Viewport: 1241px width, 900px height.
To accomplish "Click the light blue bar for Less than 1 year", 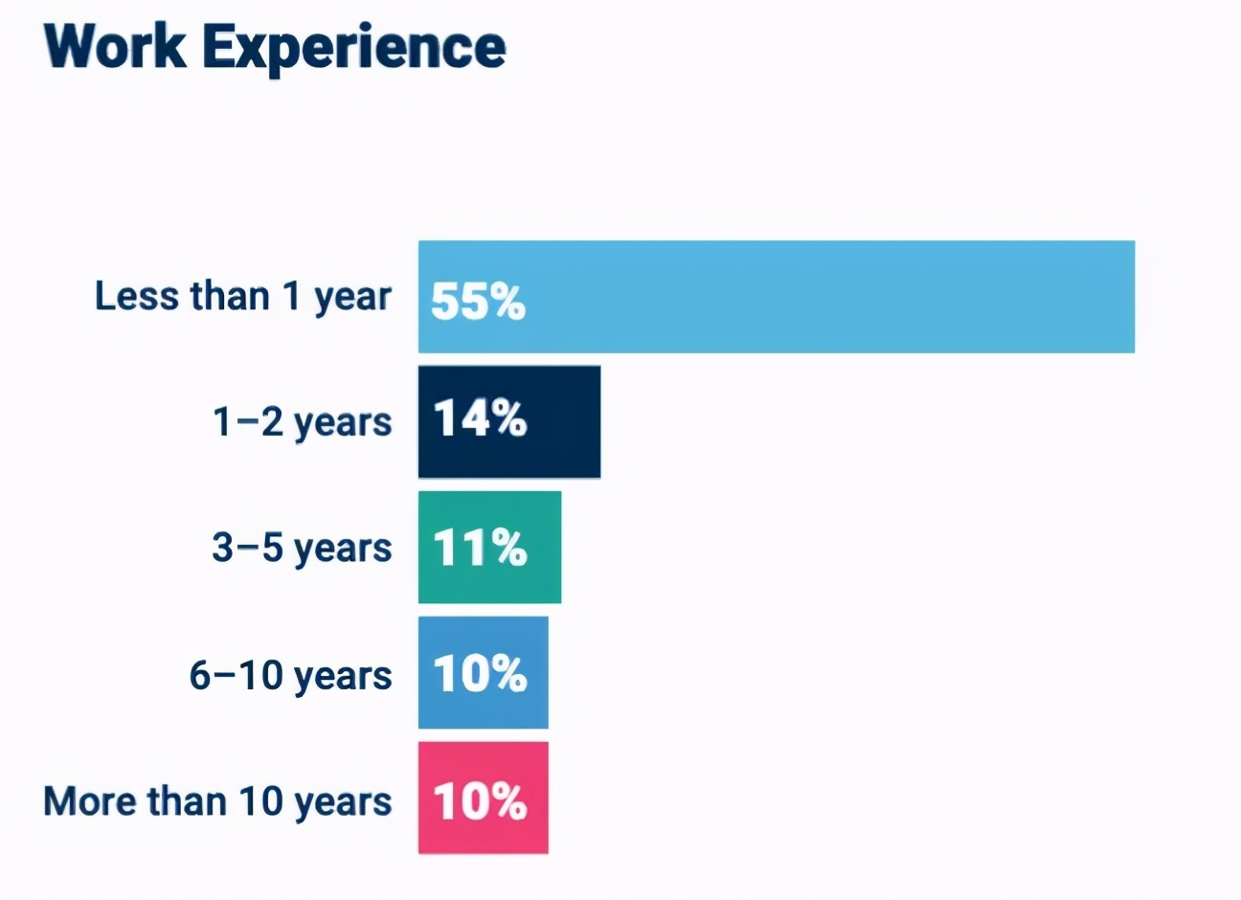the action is [x=777, y=296].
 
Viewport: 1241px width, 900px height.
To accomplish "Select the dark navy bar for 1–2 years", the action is [x=509, y=421].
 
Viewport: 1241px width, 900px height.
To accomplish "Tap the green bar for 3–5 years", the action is [x=489, y=548].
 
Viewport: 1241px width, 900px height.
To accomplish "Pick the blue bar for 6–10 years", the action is [x=484, y=672].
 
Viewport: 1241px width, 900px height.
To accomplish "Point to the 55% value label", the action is [x=478, y=301].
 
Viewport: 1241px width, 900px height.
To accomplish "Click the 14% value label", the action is [x=480, y=418].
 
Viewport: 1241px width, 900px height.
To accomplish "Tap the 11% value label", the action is [x=480, y=548].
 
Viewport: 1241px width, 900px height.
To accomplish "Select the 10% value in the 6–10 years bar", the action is [x=480, y=673].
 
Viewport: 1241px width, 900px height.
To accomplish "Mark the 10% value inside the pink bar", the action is [x=480, y=800].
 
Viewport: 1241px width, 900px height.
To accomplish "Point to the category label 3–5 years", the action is [x=302, y=550].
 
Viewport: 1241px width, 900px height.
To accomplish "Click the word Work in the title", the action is [x=115, y=47].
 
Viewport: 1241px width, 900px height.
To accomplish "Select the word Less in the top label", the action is [x=137, y=296].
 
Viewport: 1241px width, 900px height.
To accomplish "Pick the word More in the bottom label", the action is [x=90, y=801].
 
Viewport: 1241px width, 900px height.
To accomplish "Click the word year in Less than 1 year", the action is [x=353, y=300].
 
